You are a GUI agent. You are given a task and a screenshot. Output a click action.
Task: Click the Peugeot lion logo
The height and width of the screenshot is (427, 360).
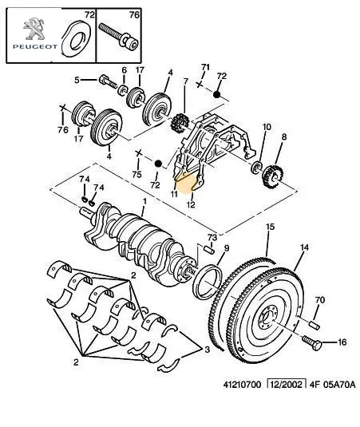click(x=34, y=29)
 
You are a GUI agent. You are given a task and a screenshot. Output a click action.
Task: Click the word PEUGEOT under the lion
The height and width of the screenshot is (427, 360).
click(x=35, y=47)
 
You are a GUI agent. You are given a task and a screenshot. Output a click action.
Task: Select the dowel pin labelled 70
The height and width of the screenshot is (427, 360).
click(x=315, y=325)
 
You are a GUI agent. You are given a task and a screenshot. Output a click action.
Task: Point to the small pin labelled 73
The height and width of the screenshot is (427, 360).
click(x=209, y=250)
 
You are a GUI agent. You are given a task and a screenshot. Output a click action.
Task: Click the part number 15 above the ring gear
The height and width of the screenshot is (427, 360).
click(x=270, y=227)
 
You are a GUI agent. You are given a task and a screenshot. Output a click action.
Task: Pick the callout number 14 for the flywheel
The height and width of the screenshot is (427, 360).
click(x=304, y=247)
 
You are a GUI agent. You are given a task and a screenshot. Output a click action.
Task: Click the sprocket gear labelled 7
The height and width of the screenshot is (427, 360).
click(x=179, y=123)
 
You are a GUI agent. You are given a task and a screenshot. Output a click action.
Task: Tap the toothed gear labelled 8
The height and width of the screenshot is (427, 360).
click(x=273, y=177)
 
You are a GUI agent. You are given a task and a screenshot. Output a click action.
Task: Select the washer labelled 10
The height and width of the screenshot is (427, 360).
click(x=256, y=167)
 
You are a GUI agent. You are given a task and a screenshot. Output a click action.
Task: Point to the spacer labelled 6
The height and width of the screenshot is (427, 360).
click(x=123, y=89)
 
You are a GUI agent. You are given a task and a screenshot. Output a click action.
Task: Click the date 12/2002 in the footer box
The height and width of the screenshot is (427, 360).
click(x=287, y=385)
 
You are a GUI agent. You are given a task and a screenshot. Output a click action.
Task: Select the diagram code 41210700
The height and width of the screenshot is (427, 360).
click(x=242, y=385)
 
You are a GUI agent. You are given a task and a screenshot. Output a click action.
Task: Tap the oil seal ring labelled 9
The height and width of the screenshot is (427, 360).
click(x=208, y=283)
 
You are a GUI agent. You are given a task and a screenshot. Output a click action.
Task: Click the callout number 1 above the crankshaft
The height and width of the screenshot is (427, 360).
click(x=144, y=201)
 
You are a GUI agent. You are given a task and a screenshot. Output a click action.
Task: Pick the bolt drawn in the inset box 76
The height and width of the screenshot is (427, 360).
click(x=119, y=37)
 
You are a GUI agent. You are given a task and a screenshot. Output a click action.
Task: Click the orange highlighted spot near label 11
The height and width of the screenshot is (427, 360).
click(x=186, y=183)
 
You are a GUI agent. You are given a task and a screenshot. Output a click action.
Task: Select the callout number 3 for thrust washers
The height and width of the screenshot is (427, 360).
click(x=207, y=349)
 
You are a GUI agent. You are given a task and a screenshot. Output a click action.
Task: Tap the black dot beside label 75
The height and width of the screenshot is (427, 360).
click(x=158, y=164)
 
